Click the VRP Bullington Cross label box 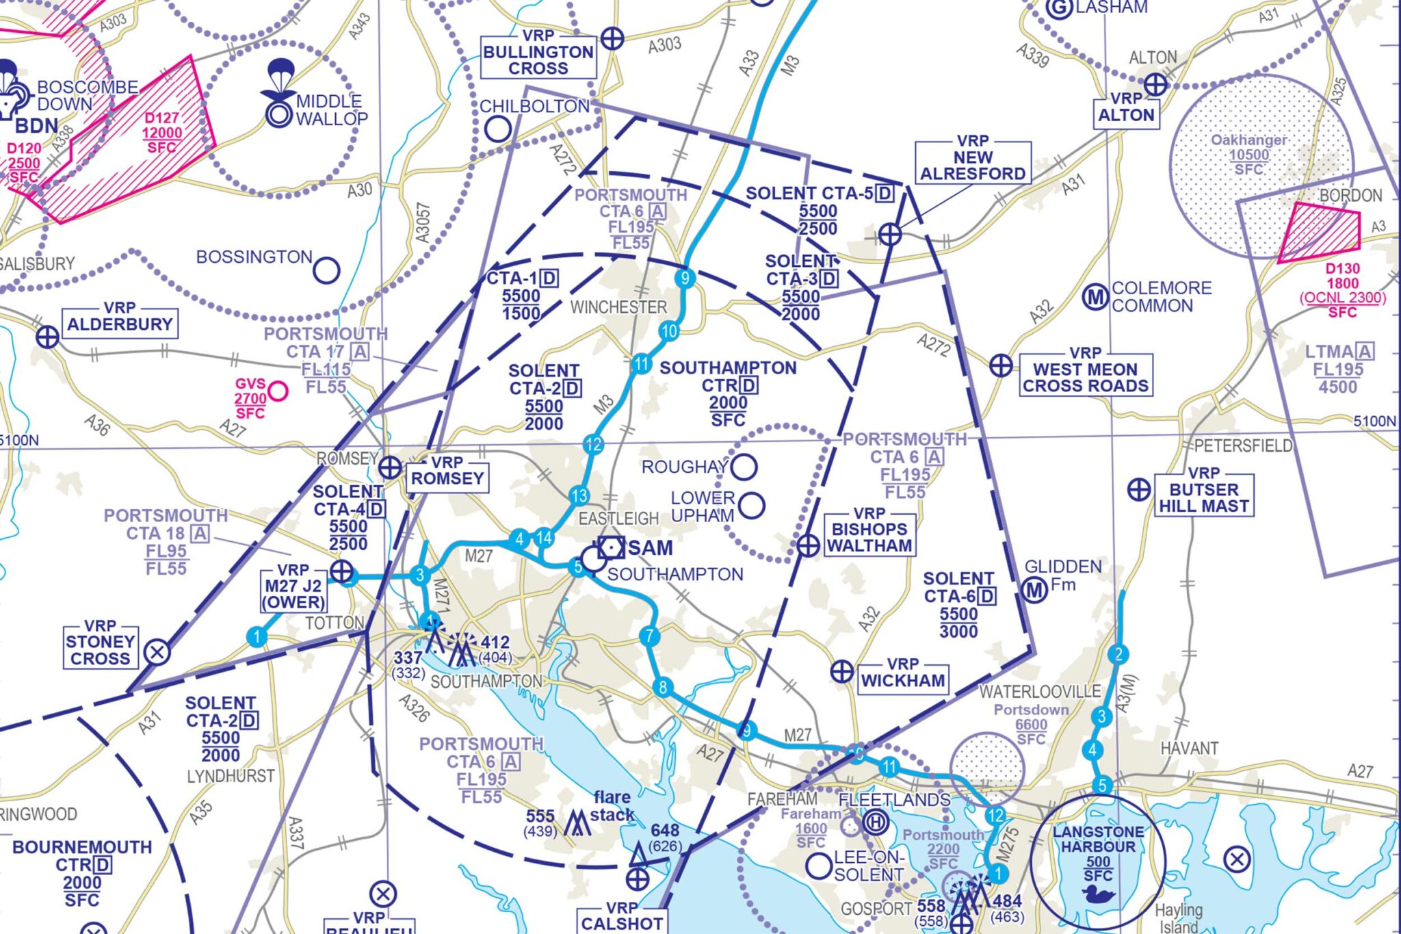[x=538, y=53]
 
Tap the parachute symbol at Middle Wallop [x=278, y=79]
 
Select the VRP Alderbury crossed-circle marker [x=47, y=337]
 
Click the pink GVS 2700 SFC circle [x=278, y=391]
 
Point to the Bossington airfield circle [x=326, y=270]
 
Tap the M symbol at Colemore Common [x=1095, y=297]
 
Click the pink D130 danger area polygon [x=1318, y=232]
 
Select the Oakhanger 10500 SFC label [x=1248, y=154]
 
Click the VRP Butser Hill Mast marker [x=1138, y=490]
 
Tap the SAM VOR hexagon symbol [x=610, y=547]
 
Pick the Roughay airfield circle [x=744, y=467]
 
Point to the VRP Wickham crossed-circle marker [x=841, y=671]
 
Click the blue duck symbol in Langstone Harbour [x=1098, y=894]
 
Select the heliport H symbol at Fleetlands [x=875, y=822]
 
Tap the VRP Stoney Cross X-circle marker [x=157, y=651]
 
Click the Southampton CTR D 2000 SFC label [x=727, y=393]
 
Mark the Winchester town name [x=618, y=307]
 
